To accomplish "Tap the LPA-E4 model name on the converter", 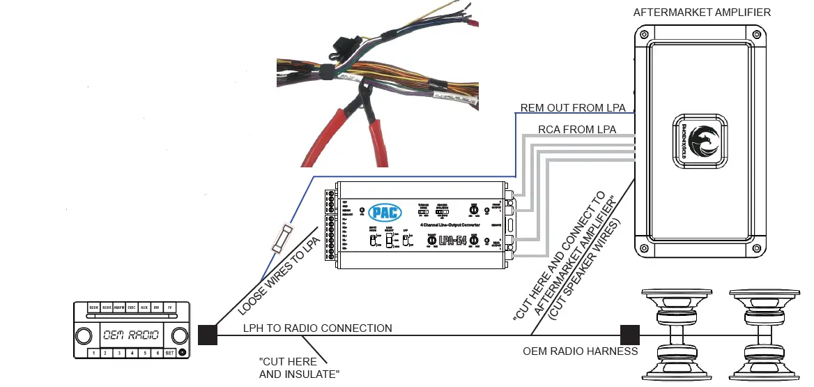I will tap(452, 241).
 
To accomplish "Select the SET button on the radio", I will tap(170, 353).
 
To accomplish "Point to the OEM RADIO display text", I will tap(130, 335).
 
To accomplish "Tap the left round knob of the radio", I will tap(84, 335).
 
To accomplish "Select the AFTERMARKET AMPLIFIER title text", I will tap(701, 13).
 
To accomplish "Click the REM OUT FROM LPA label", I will tap(573, 108).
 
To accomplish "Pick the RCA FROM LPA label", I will tap(577, 129).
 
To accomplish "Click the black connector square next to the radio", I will tap(207, 335).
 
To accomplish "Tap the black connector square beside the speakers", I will tap(630, 335).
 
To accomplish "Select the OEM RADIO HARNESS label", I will tap(580, 351).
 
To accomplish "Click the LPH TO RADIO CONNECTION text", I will tap(317, 328).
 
